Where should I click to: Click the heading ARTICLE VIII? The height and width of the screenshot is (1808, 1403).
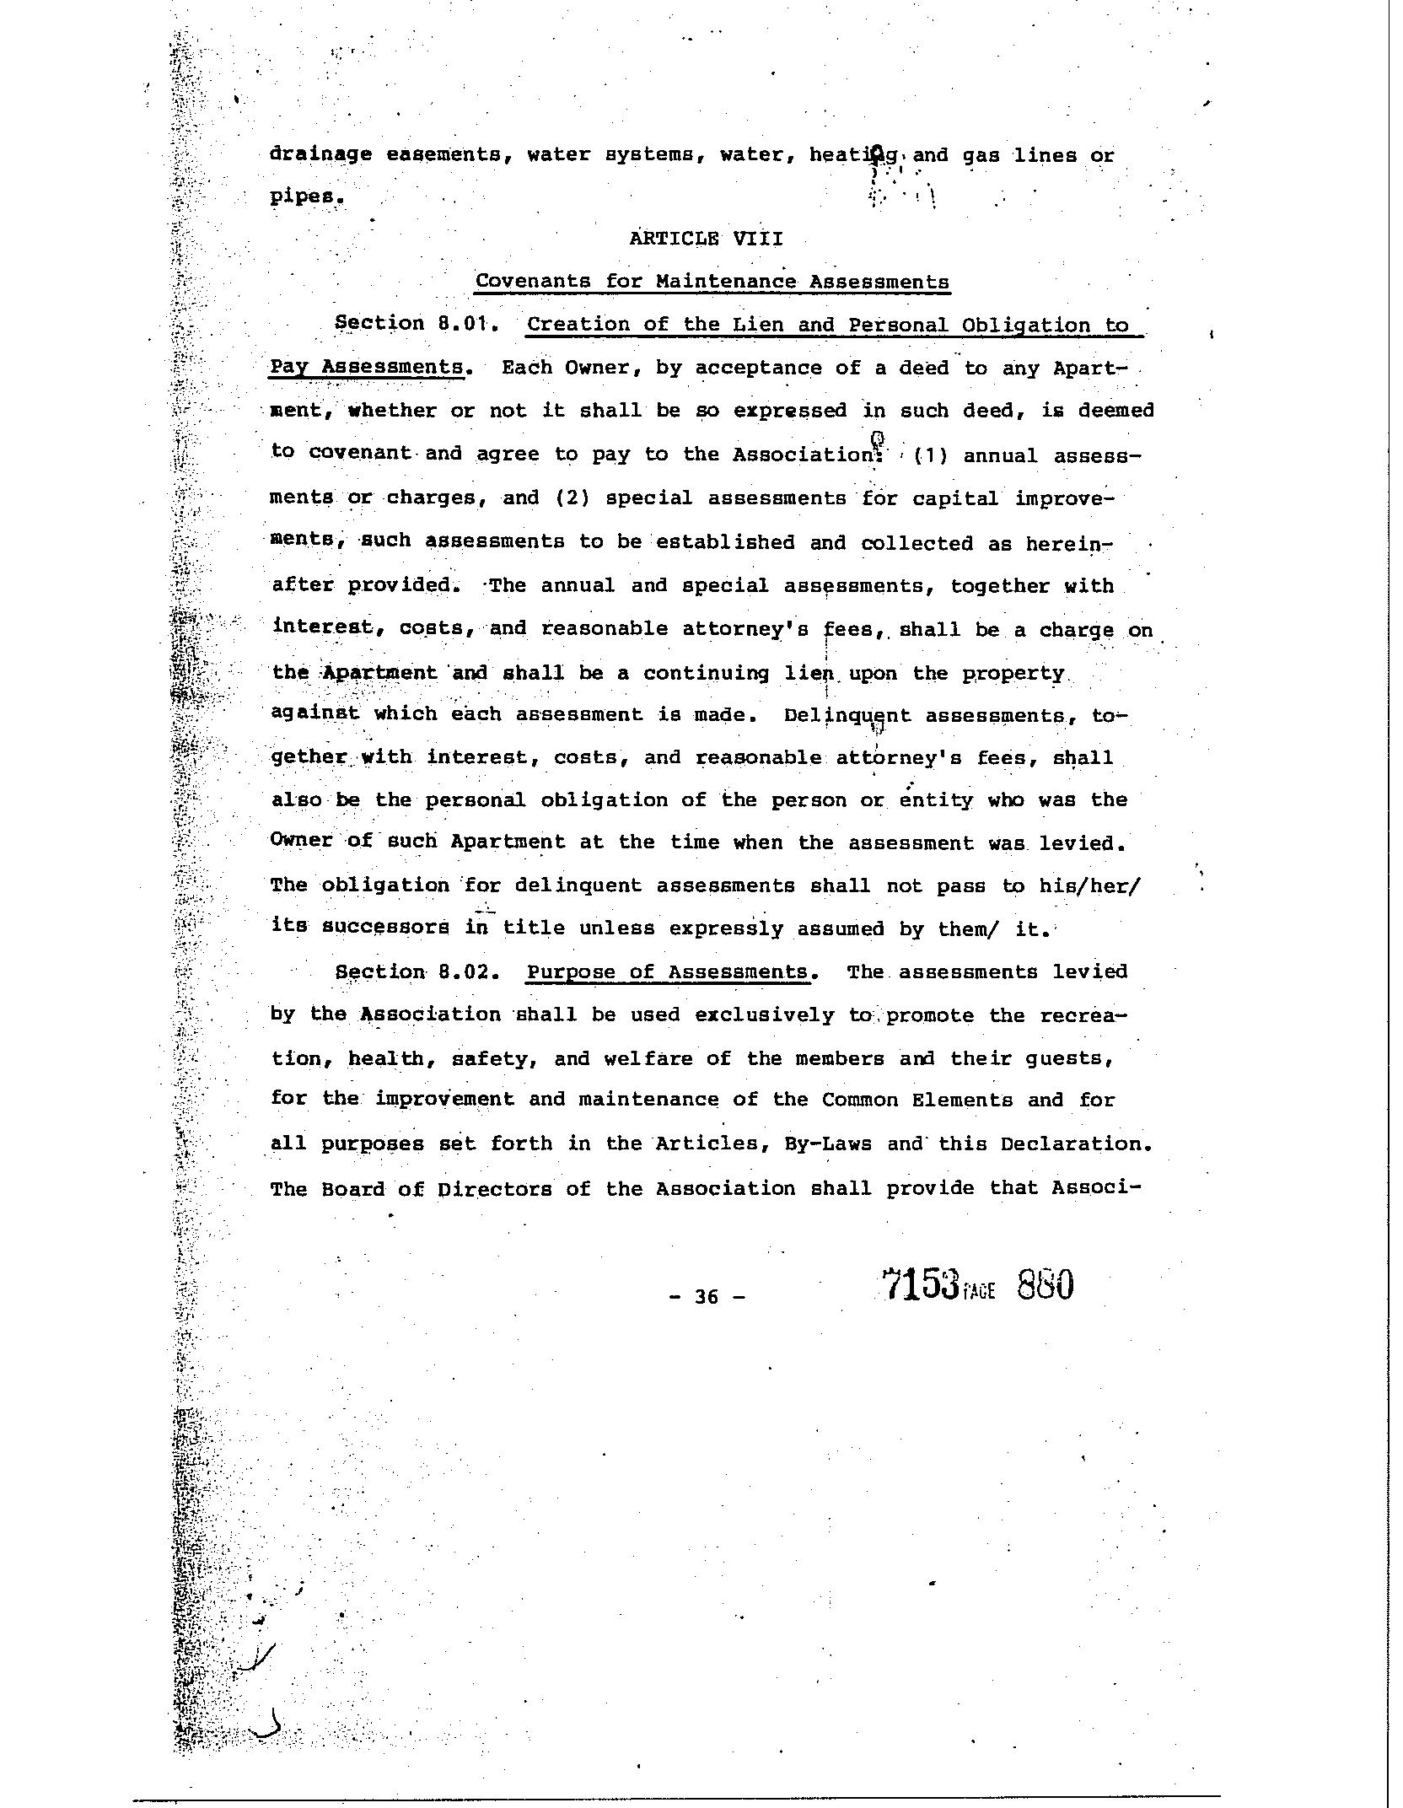point(706,239)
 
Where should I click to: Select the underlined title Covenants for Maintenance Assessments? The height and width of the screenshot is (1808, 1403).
point(712,281)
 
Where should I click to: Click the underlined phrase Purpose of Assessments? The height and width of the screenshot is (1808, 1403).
point(668,971)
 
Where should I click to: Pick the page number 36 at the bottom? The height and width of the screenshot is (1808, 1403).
point(707,1296)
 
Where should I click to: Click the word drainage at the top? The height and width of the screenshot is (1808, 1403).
point(320,154)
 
